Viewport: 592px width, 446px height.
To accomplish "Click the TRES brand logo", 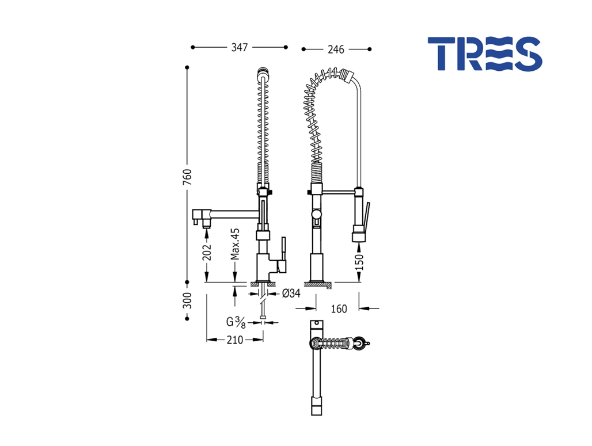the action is point(485,54).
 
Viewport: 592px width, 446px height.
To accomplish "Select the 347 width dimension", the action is point(240,47).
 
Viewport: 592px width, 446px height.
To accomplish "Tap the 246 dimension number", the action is point(336,49).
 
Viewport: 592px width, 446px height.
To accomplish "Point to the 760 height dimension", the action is point(187,177).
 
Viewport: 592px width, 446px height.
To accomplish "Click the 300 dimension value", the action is point(187,300).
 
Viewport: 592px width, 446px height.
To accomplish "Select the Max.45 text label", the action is point(235,244).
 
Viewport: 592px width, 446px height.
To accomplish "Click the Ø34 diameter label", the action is point(291,293).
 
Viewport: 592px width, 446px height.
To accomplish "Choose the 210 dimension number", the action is point(235,340).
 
